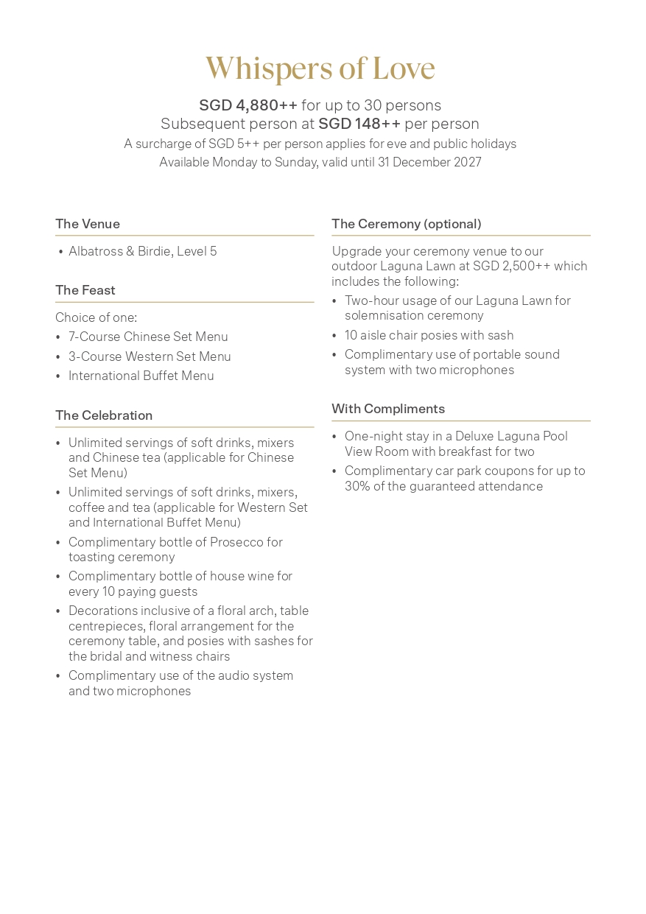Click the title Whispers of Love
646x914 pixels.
pos(320,68)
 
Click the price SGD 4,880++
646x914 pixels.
pos(248,105)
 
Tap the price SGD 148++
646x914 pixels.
pos(359,124)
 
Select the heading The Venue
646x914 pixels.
pos(88,224)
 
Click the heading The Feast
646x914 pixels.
pos(85,290)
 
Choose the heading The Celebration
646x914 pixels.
pos(104,415)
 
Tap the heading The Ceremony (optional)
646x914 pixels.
pos(407,224)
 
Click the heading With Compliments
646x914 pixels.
pos(388,409)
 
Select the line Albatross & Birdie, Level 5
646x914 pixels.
pos(143,251)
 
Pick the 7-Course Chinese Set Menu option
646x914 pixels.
pos(148,337)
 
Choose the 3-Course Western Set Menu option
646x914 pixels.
pos(150,356)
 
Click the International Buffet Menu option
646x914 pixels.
pos(141,376)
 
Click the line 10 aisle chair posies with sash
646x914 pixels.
pos(429,335)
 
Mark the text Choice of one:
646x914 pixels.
pos(96,317)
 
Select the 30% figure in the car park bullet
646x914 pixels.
pos(357,486)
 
